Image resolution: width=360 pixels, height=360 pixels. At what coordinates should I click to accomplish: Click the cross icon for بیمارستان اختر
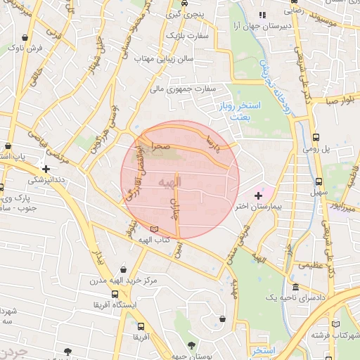pos(258,195)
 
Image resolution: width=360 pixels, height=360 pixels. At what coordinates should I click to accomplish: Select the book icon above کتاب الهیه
pos(155,229)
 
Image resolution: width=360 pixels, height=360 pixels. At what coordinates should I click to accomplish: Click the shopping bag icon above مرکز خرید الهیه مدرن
pos(124,269)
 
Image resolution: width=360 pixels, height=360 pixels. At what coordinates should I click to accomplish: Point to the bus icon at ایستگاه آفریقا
pos(114,294)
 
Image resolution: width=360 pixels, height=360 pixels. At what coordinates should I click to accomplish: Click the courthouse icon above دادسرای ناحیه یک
pos(295,287)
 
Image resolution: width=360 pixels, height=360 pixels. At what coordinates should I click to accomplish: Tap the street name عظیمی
pos(311,266)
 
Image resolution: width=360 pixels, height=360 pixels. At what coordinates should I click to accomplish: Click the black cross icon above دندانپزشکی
pos(46,169)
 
